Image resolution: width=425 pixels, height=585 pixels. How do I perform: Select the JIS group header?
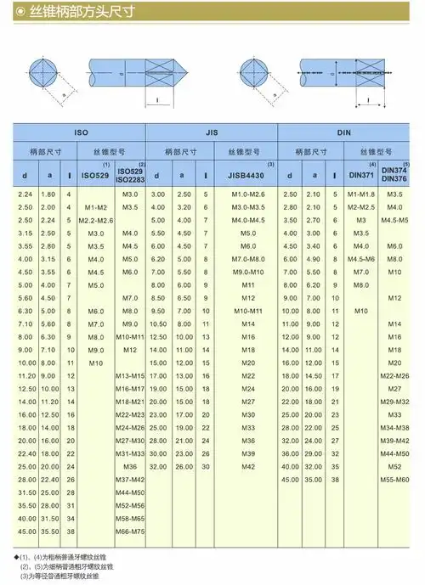212,133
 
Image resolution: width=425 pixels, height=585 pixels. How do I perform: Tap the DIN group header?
343,133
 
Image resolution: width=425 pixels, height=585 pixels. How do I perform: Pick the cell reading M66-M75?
130,531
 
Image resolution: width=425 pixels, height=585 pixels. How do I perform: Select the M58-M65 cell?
130,517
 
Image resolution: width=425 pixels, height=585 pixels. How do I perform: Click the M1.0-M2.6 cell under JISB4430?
248,195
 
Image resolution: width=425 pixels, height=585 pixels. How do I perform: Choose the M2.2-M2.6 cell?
96,220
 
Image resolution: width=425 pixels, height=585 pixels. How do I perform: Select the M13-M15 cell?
130,375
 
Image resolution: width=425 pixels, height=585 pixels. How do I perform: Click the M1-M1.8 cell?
360,195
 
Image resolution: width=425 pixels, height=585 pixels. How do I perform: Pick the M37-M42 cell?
130,479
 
